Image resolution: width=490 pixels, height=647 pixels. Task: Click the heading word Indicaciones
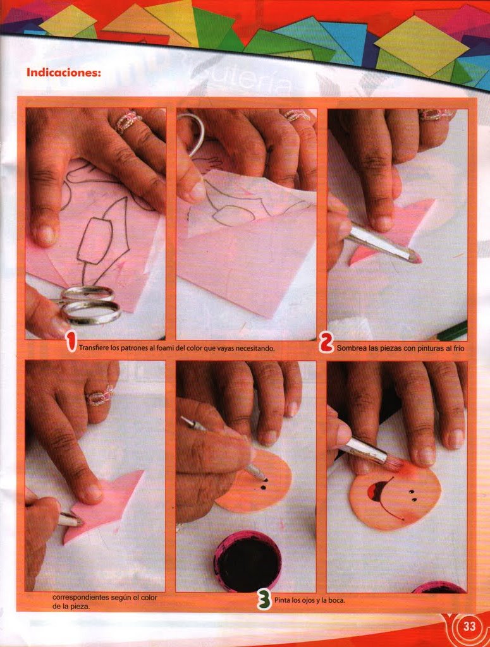coord(64,72)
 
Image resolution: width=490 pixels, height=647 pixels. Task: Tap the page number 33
coord(469,626)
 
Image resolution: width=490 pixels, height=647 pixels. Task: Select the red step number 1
coord(71,343)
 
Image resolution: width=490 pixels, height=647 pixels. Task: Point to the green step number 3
coord(264,599)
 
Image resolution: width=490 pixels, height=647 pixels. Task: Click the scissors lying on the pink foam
coord(89,305)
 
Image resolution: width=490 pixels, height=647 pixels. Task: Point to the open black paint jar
coord(248,560)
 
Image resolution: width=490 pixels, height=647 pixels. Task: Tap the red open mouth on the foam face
coord(377,490)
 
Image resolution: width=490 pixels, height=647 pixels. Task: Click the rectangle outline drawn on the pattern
coord(95,241)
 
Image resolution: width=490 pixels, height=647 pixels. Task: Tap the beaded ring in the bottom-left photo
coord(100,396)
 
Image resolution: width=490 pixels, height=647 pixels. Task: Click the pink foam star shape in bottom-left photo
coord(103,506)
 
